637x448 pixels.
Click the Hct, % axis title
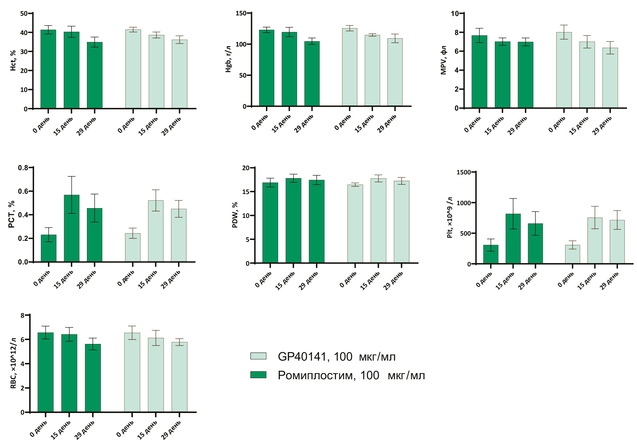(x=13, y=61)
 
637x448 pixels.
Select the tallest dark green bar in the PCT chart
(x=72, y=228)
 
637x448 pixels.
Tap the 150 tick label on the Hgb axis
(x=241, y=13)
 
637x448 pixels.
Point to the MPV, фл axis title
(x=444, y=60)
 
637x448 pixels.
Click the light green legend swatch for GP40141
(x=258, y=356)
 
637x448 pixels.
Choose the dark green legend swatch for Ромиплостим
(x=258, y=375)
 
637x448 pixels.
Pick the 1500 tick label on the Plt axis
(x=463, y=172)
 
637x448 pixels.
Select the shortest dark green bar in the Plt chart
(x=491, y=254)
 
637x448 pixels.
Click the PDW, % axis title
(x=235, y=215)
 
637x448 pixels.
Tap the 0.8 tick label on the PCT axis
(x=23, y=168)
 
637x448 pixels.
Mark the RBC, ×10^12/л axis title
(x=13, y=363)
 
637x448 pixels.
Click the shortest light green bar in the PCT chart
(x=133, y=247)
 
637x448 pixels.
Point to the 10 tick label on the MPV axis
(x=455, y=13)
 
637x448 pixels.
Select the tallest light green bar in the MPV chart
(x=564, y=70)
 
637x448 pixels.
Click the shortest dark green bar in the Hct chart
(x=94, y=75)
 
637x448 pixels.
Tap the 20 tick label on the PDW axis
(x=245, y=168)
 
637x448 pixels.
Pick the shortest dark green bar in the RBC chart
(x=93, y=378)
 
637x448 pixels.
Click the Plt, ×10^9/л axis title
(x=450, y=218)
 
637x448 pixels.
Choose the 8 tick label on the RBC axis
(x=23, y=315)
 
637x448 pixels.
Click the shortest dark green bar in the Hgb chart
(x=312, y=74)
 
